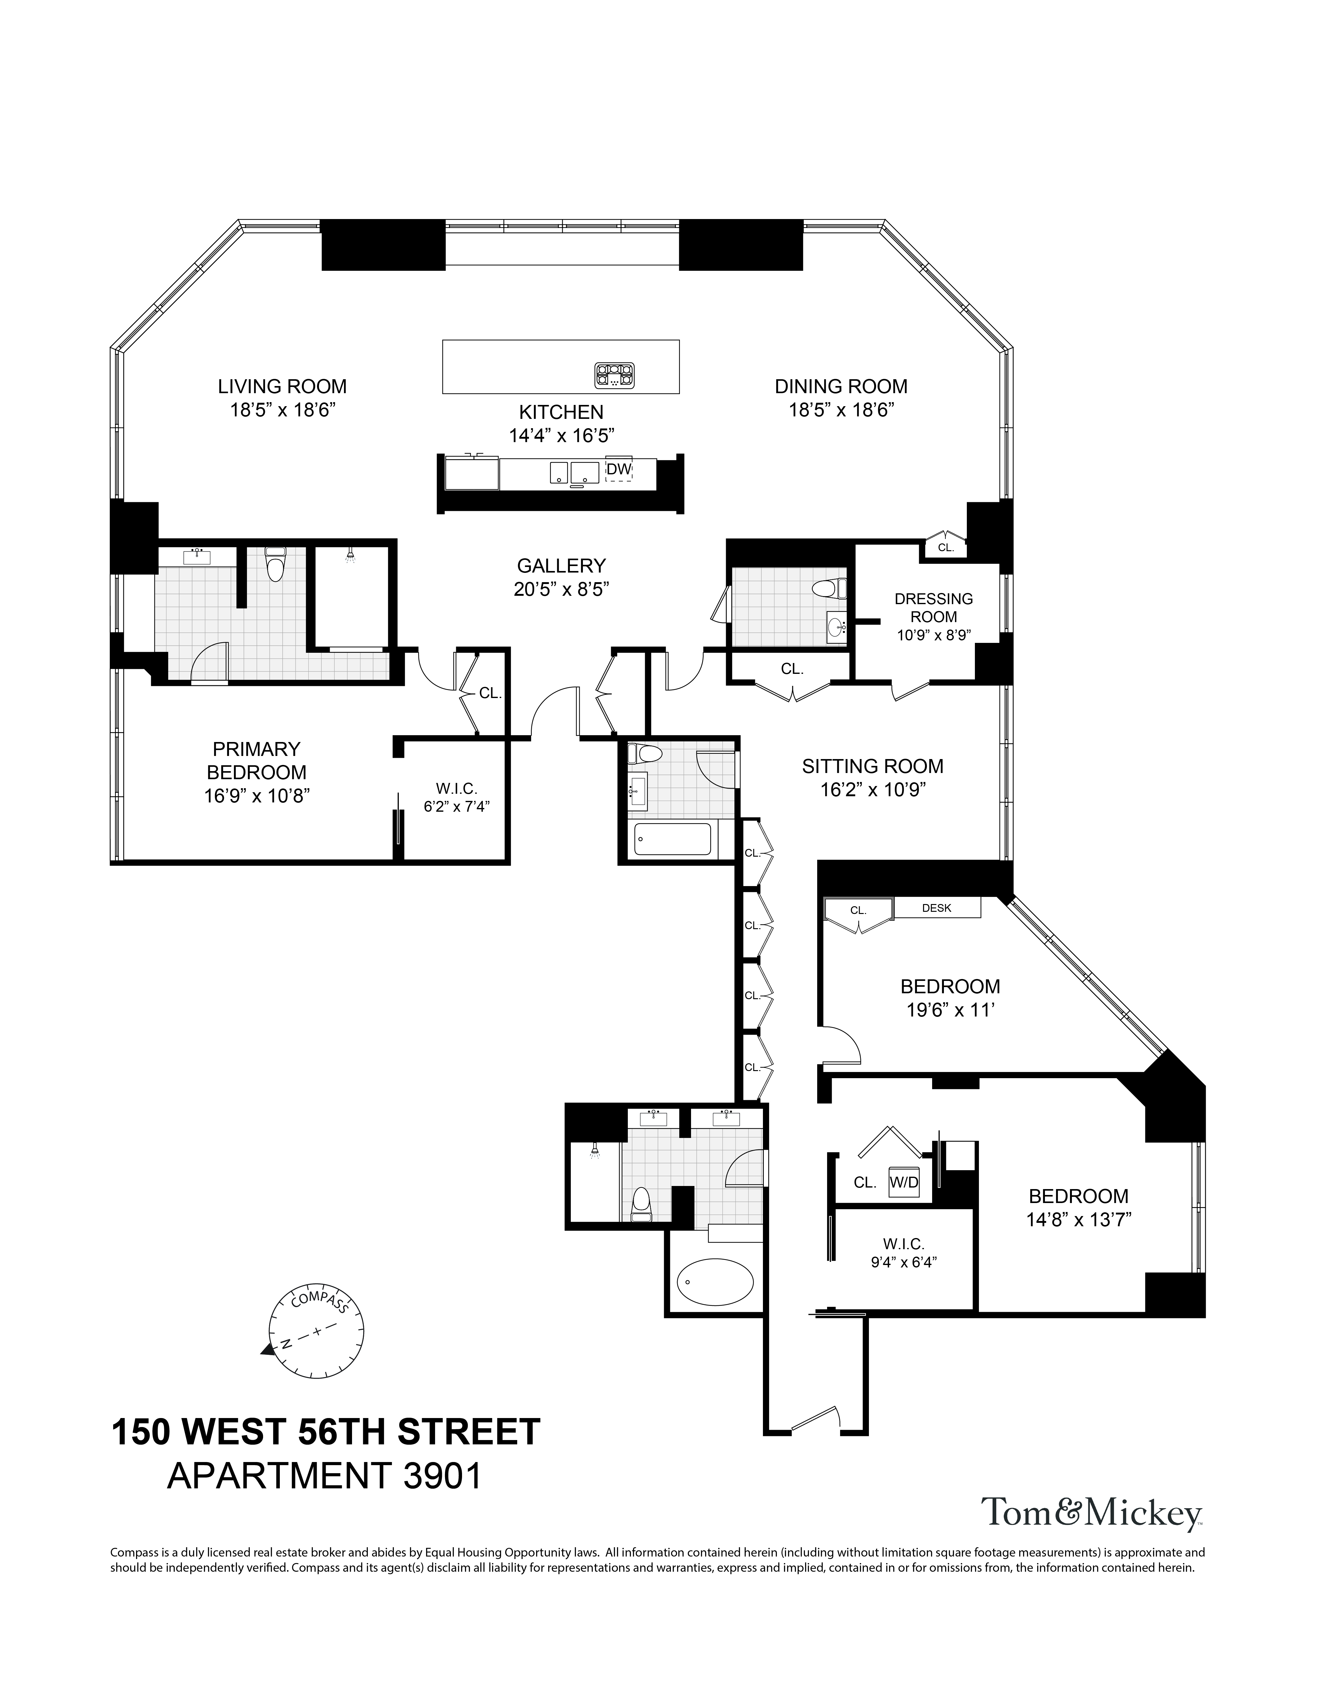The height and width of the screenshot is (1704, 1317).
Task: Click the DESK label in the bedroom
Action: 936,908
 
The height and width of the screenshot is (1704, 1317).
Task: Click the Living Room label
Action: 282,386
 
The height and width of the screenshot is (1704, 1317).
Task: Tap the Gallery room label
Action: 561,565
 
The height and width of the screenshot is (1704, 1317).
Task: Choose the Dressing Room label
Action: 933,608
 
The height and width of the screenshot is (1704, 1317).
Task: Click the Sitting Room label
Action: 872,766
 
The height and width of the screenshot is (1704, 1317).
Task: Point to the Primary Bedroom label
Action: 256,761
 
